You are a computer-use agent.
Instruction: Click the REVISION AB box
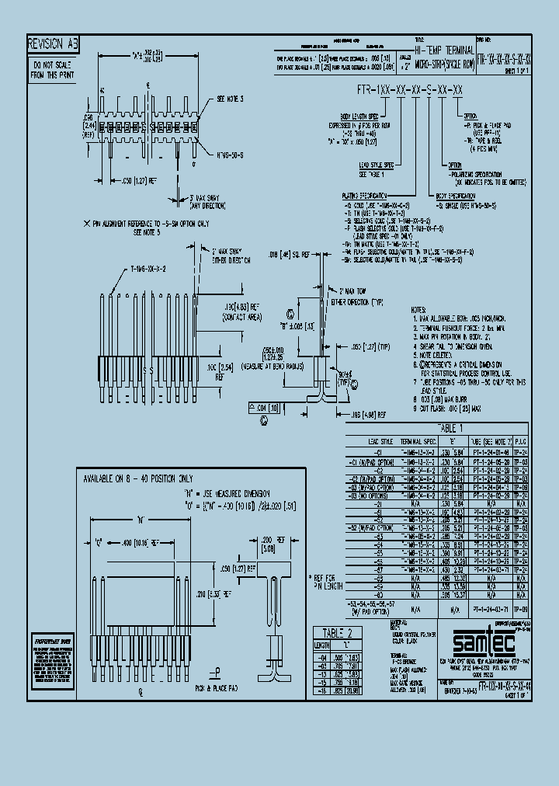coord(53,44)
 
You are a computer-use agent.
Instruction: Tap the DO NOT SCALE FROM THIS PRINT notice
coord(53,70)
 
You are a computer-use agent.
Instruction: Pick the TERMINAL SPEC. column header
coord(423,440)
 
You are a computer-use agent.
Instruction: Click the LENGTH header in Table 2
coord(323,644)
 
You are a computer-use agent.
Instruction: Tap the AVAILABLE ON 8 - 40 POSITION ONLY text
coord(140,480)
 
